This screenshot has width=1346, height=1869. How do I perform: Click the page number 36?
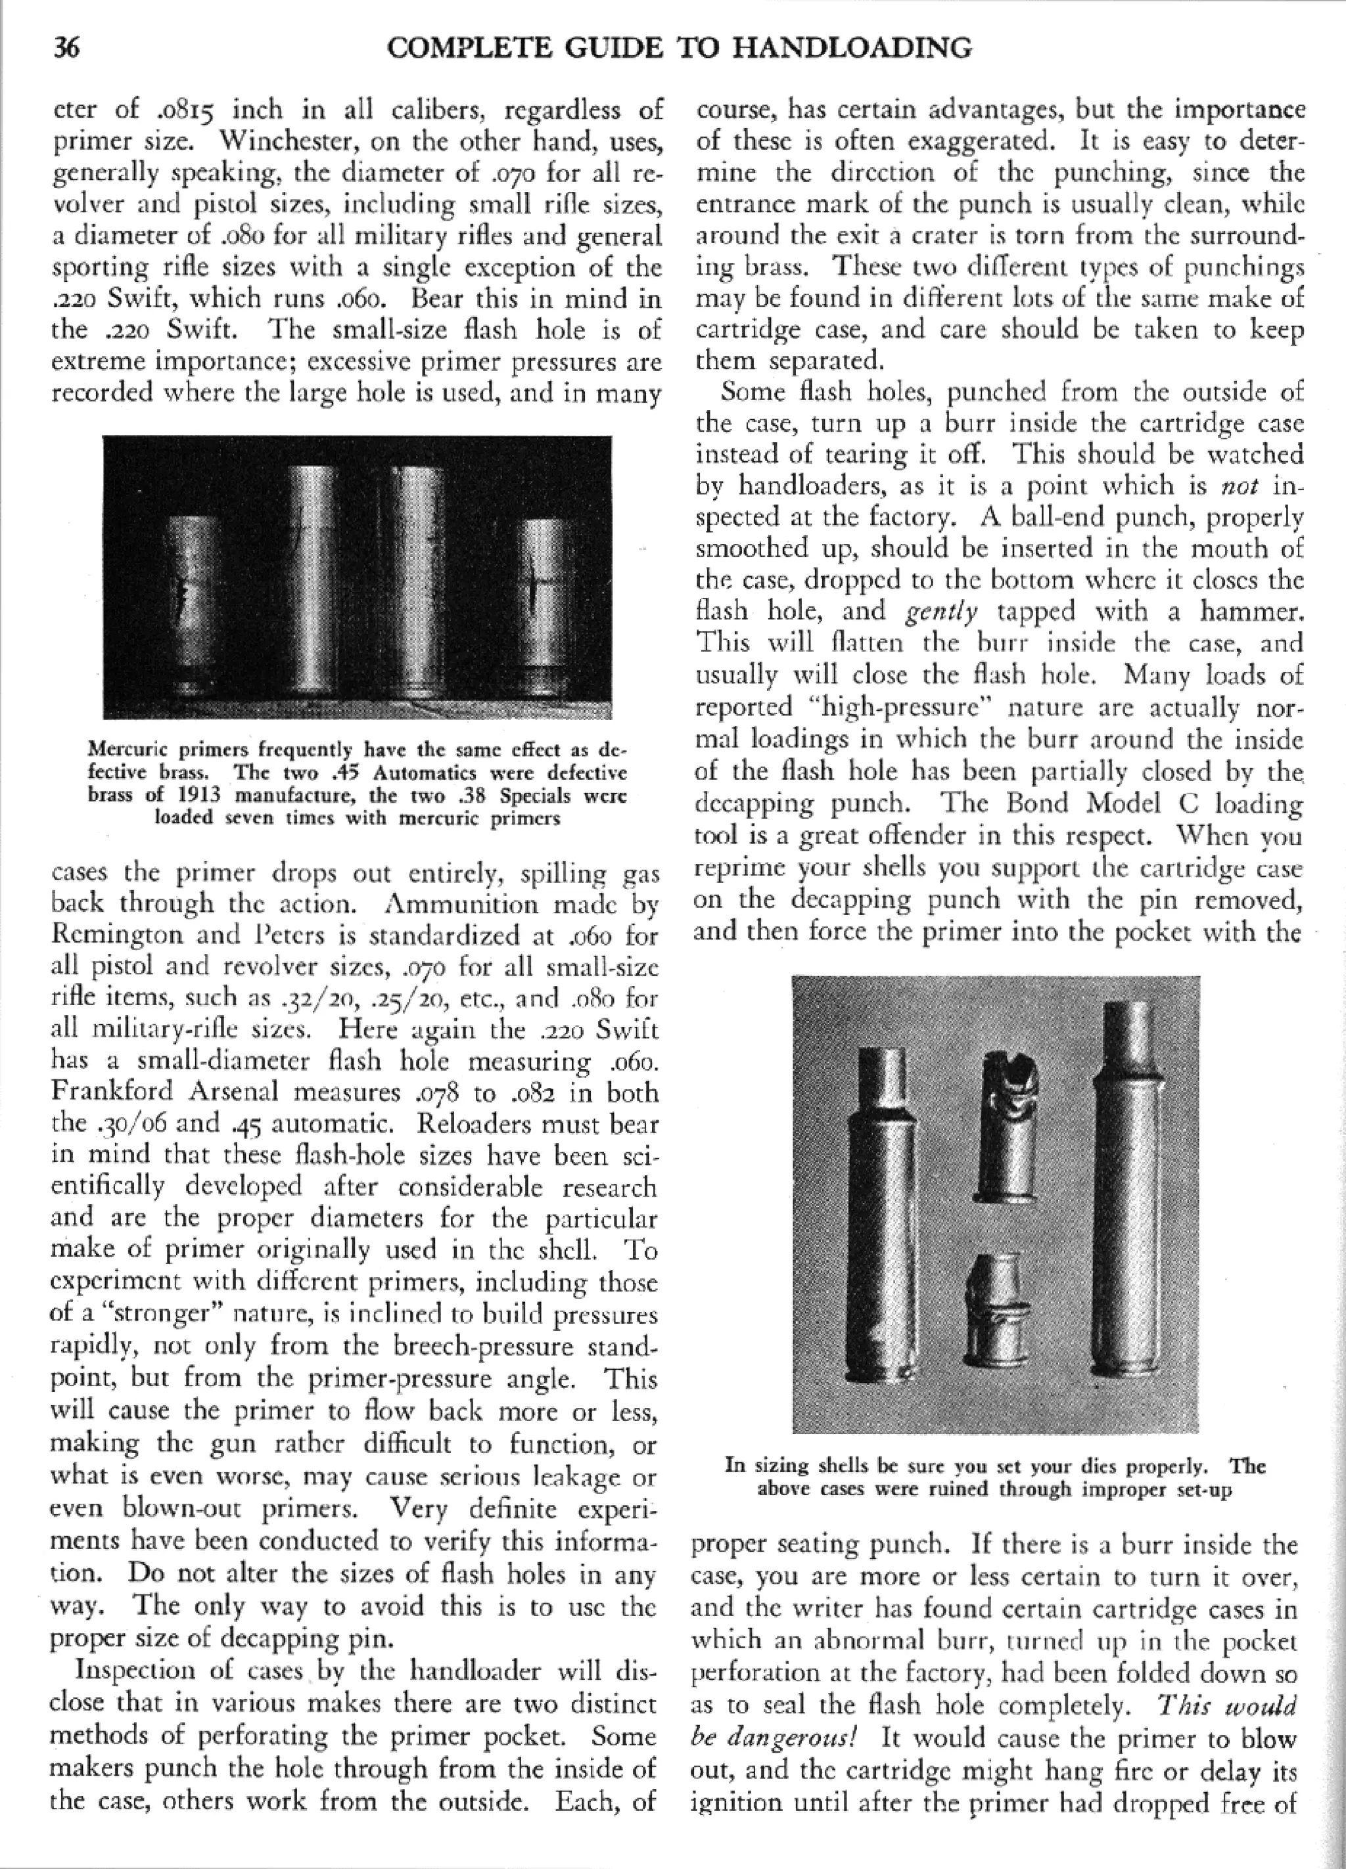pyautogui.click(x=66, y=49)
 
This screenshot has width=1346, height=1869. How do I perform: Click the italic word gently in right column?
pyautogui.click(x=941, y=612)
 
